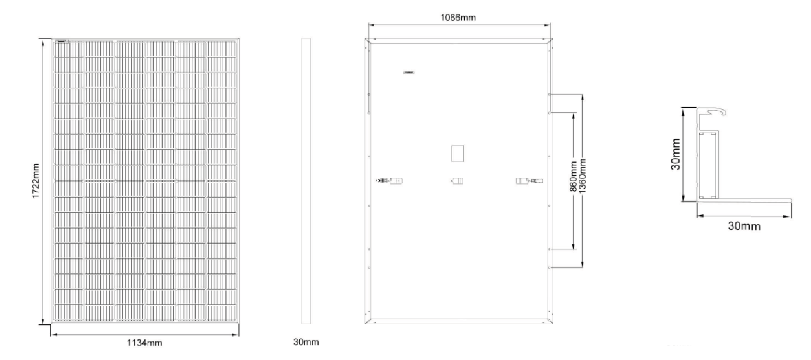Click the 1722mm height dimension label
tap(35, 181)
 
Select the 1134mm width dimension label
tap(144, 343)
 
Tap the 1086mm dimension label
tap(458, 17)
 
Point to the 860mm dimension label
tap(573, 177)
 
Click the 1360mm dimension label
tap(582, 176)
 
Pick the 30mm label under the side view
tap(306, 342)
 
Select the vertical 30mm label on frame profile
tap(676, 154)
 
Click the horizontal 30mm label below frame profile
tap(744, 226)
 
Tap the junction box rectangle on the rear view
tap(458, 153)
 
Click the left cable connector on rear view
tap(390, 181)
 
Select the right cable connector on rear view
tap(529, 181)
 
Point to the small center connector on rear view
tap(458, 181)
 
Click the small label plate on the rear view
tap(409, 72)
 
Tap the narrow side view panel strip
tap(306, 181)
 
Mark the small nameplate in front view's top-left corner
tap(62, 41)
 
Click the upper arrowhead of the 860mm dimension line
tap(574, 116)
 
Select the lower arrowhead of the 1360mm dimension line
tap(582, 264)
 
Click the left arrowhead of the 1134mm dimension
tap(54, 335)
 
